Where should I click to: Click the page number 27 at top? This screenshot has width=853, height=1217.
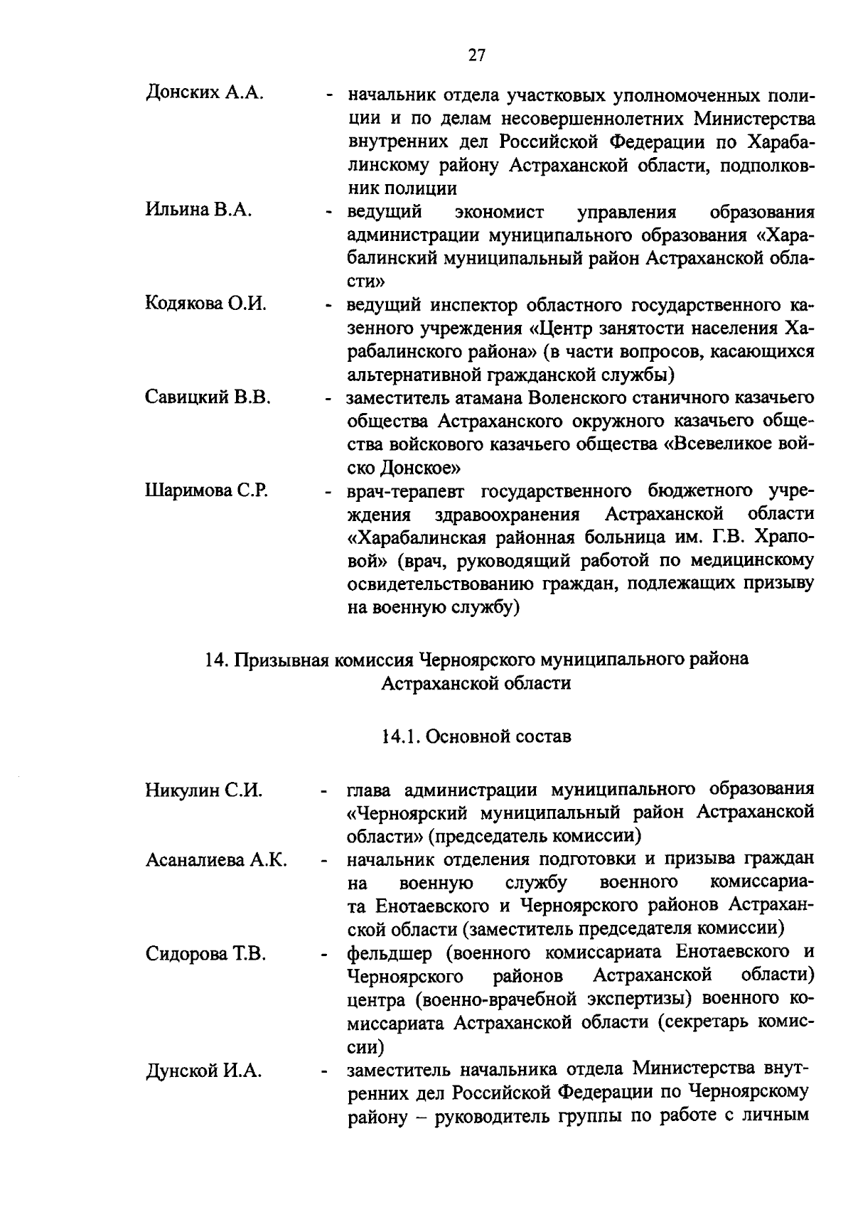pyautogui.click(x=476, y=55)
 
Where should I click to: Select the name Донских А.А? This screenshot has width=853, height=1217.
pyautogui.click(x=205, y=93)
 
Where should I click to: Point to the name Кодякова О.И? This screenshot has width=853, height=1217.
pyautogui.click(x=205, y=304)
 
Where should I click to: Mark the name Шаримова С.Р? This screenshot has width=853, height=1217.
pyautogui.click(x=206, y=490)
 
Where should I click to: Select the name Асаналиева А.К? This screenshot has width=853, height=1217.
pyautogui.click(x=216, y=860)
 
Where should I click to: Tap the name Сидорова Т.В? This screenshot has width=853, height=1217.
pyautogui.click(x=205, y=954)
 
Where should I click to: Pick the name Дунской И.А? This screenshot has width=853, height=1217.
pyautogui.click(x=203, y=1071)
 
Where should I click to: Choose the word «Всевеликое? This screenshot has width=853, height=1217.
pyautogui.click(x=720, y=445)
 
